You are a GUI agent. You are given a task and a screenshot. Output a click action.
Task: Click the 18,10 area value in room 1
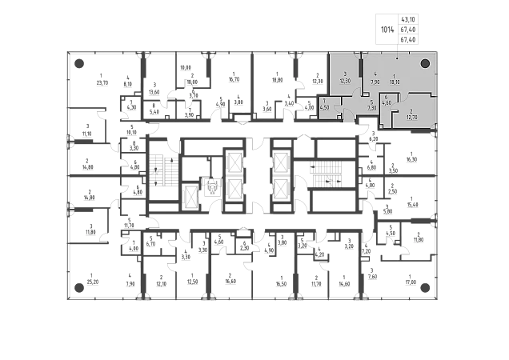pos(395,82)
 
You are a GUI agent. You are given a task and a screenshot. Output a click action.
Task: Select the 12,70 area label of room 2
pos(411,117)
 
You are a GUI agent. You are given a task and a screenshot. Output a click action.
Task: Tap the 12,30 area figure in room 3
pos(346,81)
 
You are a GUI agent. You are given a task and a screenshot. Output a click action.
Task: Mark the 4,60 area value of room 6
pos(386,103)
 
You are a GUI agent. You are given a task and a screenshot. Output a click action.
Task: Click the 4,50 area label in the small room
pos(324,106)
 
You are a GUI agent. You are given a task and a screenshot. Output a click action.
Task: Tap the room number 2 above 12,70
pos(411,111)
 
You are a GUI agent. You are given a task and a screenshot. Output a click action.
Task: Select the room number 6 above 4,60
pos(386,98)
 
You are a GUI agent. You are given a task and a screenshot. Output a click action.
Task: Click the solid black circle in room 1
pos(426,63)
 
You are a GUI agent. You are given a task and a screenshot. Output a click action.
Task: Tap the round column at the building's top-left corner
pos(78,64)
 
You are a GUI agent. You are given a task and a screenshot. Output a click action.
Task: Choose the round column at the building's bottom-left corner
pos(78,286)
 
